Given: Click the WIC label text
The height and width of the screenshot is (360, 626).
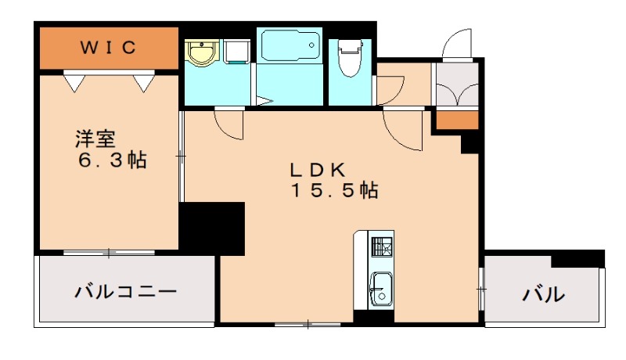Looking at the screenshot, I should (x=110, y=48).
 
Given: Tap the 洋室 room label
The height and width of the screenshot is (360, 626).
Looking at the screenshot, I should (x=95, y=140).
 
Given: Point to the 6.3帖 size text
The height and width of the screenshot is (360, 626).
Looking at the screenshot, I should (x=111, y=161).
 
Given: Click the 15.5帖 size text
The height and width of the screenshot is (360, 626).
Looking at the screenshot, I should (x=335, y=190).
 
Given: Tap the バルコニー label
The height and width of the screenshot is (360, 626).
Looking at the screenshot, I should (x=125, y=293).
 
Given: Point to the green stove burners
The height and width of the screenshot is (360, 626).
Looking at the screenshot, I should (x=382, y=247).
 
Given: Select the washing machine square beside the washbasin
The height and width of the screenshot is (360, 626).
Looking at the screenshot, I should (x=237, y=52).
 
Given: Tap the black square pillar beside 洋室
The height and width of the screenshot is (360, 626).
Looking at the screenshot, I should (x=212, y=227).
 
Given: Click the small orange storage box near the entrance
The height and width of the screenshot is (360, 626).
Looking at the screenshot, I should (x=457, y=120).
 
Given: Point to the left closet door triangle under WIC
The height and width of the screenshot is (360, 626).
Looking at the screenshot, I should (x=74, y=81).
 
